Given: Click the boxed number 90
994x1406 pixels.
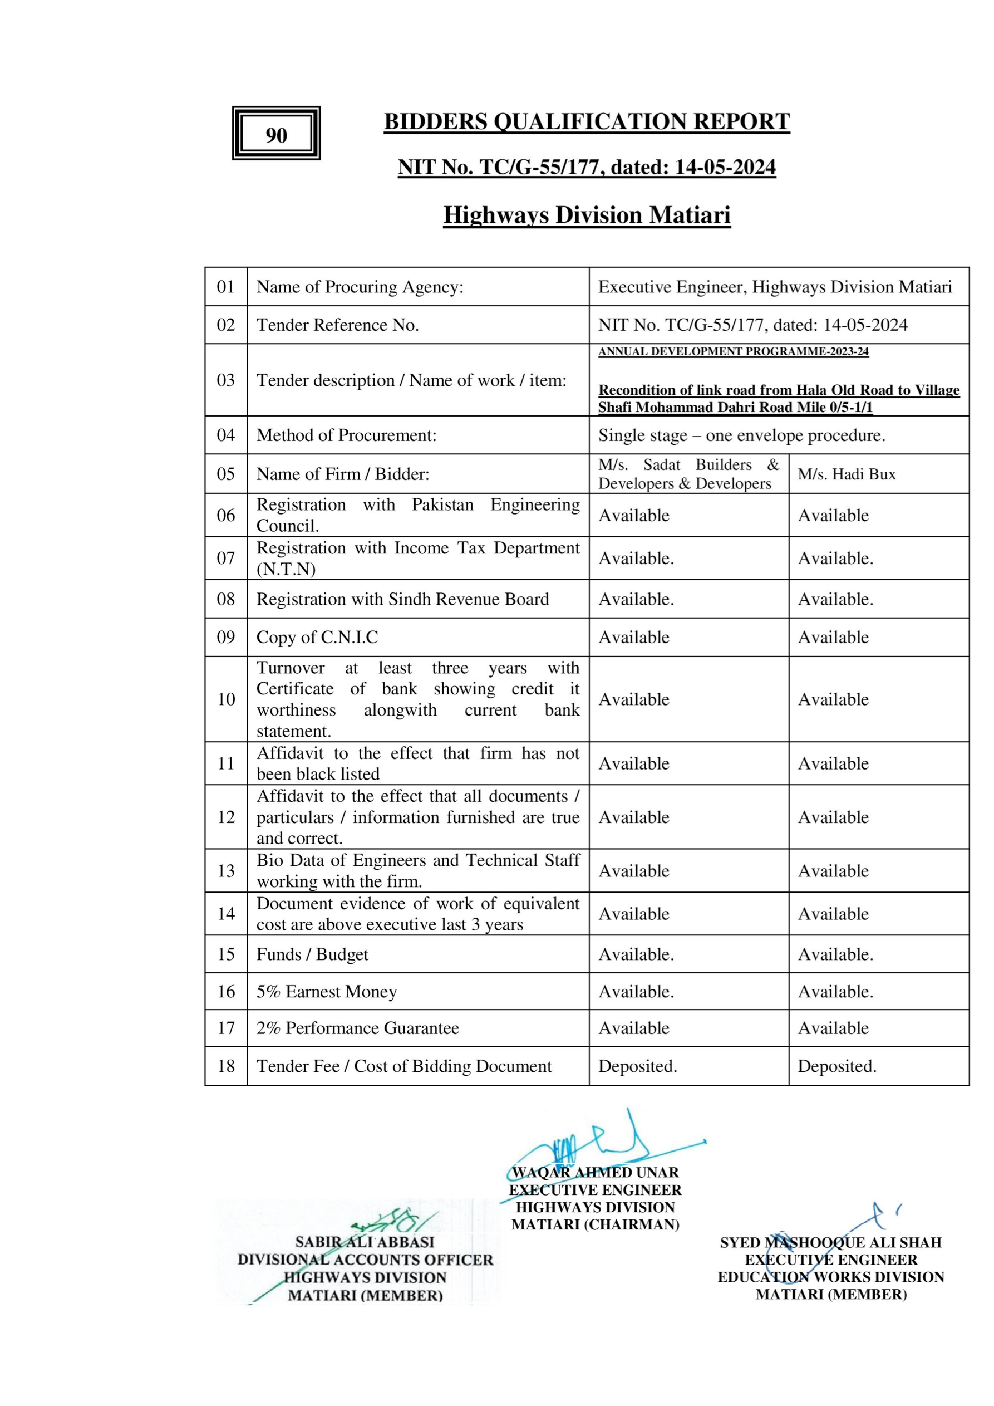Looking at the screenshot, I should click(x=276, y=135).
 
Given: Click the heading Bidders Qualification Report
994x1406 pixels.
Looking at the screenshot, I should click(x=587, y=121).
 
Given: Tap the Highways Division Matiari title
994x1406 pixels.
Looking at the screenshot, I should click(x=587, y=215).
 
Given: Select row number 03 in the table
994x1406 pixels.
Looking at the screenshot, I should click(x=226, y=380).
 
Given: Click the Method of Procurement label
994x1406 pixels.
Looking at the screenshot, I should click(x=346, y=435).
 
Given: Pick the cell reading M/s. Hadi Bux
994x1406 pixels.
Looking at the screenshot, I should click(x=847, y=473).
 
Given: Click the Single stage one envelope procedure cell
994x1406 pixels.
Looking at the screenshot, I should click(x=741, y=435).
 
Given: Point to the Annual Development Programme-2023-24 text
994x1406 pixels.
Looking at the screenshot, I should click(x=734, y=351).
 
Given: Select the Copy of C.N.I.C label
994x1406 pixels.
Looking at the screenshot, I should click(x=317, y=637).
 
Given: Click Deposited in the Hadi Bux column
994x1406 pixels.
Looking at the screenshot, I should click(x=836, y=1066).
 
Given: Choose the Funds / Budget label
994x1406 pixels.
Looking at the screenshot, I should click(x=312, y=954).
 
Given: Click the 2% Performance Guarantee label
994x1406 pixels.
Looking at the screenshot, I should click(x=357, y=1027).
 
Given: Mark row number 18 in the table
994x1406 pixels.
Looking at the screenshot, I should click(x=226, y=1066).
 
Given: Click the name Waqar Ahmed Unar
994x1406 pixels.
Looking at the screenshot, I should click(x=595, y=1172).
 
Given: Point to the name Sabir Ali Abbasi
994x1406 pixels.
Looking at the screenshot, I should click(x=365, y=1242).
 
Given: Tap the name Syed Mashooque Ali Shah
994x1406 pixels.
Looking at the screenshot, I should click(x=830, y=1242).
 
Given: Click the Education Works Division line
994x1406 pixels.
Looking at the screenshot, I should click(x=830, y=1277).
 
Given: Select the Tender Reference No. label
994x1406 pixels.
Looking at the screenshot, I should click(x=337, y=325).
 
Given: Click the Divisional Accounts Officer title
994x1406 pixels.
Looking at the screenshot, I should click(x=365, y=1260).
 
